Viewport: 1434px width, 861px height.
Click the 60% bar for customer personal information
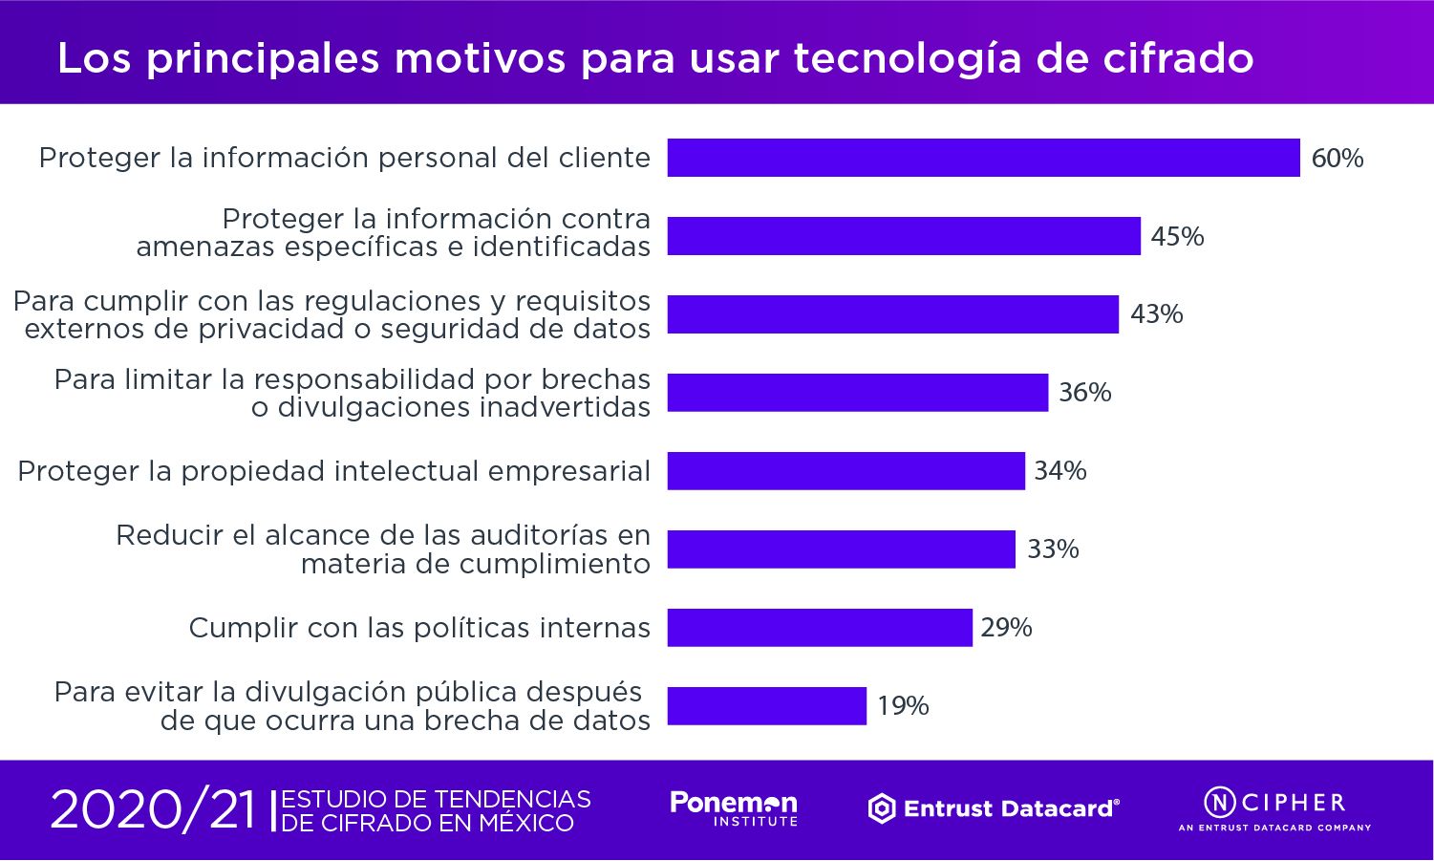983,158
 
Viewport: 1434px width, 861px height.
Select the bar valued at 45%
904,236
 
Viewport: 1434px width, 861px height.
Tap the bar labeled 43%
892,314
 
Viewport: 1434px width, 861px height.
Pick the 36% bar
857,393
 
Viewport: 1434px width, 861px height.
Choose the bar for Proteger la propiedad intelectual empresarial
845,471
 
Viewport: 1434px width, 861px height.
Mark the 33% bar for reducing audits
841,549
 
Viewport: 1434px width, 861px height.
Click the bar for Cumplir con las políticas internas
820,628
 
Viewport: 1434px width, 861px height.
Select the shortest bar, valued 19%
766,706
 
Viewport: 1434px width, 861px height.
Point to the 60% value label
1337,158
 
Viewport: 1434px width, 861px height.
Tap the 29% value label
1006,628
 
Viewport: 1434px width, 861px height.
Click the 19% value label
903,706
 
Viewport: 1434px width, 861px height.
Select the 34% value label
1059,471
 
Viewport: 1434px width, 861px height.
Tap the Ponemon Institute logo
734,808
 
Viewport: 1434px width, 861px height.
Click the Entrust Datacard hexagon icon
881,809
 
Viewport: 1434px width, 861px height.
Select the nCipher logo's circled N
1219,801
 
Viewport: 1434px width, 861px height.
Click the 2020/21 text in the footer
153,810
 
